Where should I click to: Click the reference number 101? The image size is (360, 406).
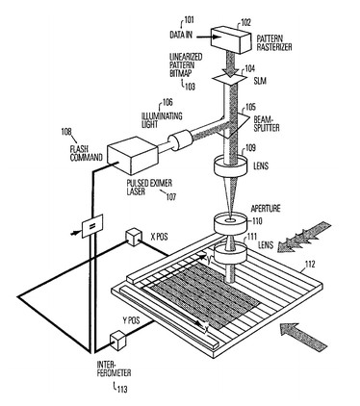189,20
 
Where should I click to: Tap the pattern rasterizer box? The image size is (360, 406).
231,38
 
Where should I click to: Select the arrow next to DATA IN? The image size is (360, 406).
207,38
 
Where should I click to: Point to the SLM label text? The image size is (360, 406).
260,81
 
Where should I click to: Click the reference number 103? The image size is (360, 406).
190,87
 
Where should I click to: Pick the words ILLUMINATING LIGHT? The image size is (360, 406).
162,120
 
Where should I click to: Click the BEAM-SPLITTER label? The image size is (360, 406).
267,123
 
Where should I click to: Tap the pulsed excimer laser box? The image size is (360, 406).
133,156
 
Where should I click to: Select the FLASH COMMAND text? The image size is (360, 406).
86,154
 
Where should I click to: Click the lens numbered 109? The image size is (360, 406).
230,166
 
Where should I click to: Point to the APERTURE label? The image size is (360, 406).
266,209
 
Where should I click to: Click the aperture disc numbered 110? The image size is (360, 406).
230,223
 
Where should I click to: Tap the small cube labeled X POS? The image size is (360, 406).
134,237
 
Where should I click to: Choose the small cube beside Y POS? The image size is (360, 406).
118,342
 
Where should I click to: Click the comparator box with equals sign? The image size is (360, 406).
92,226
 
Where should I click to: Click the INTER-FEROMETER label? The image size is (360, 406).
114,369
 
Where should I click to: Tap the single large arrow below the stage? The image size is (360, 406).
303,336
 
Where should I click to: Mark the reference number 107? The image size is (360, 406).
170,196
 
